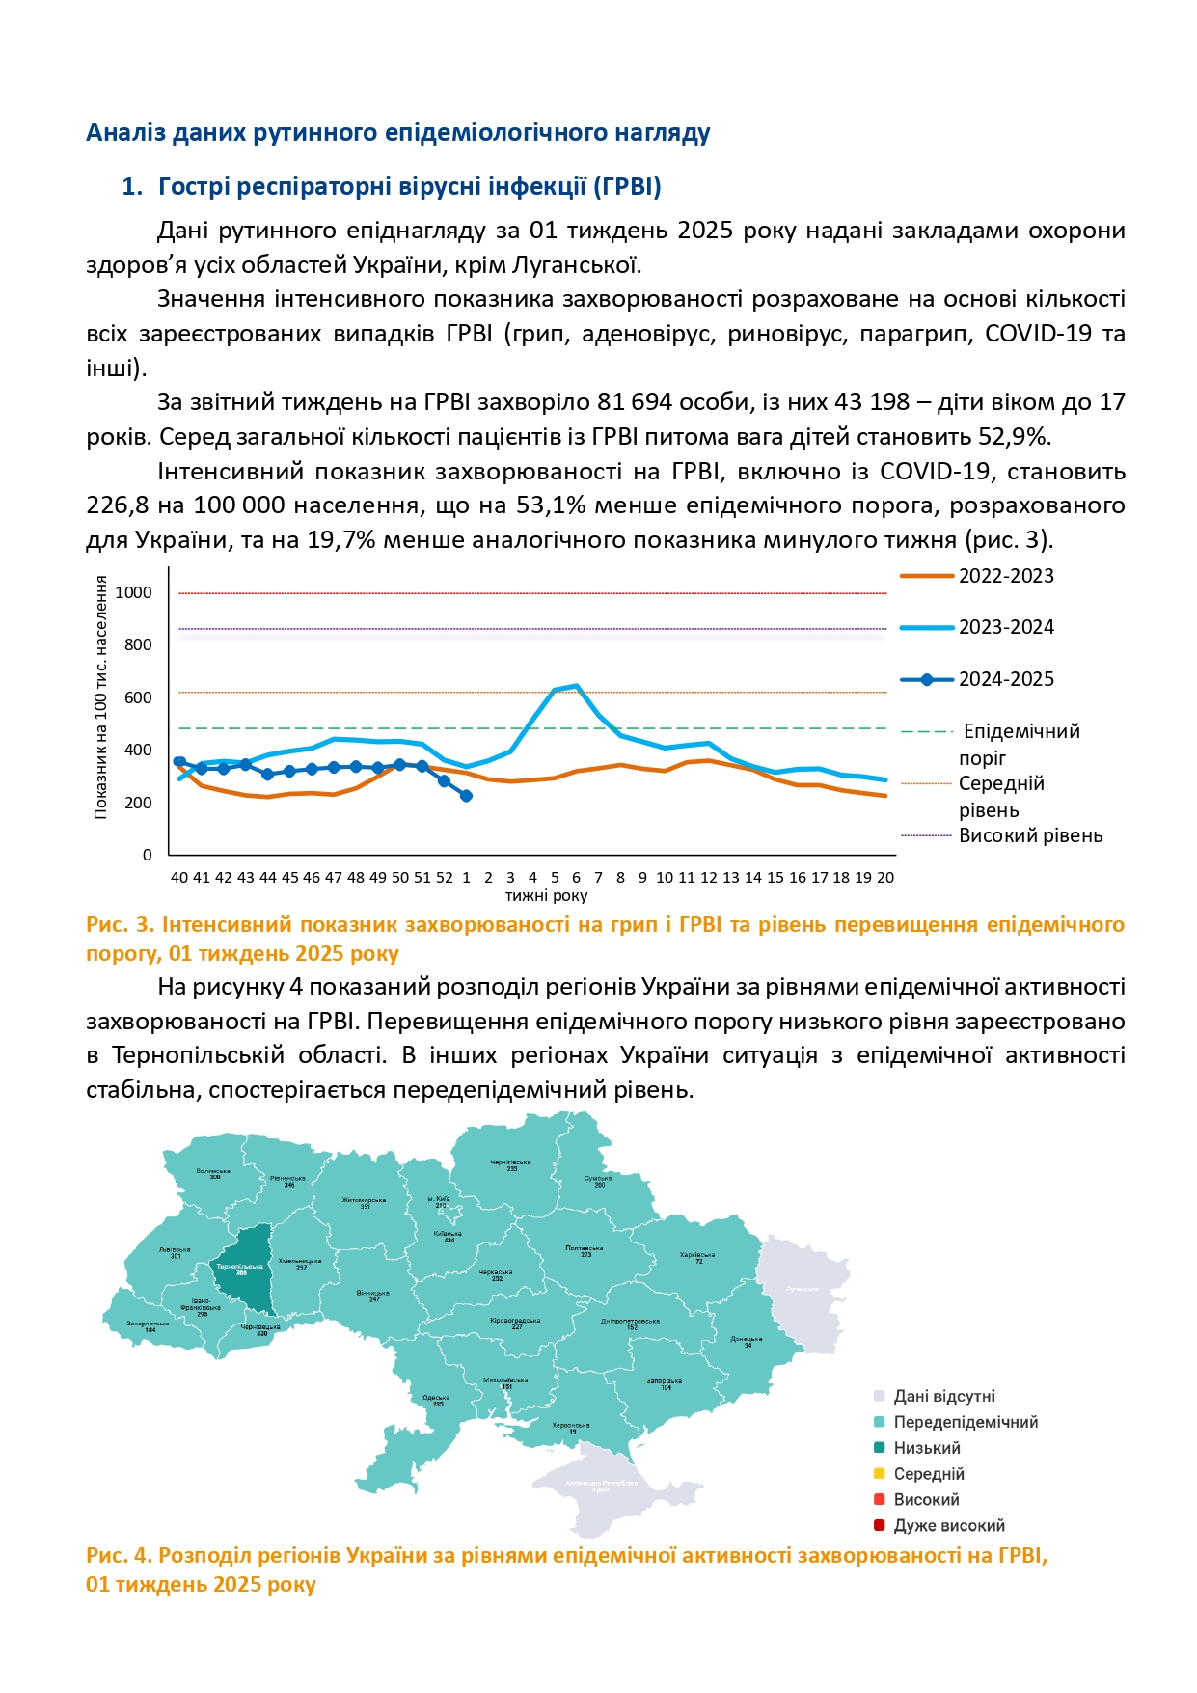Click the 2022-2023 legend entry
pos(1005,576)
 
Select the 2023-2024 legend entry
pos(1005,627)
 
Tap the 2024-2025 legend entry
pos(1005,679)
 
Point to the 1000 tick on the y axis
pos(134,592)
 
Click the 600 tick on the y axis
pos(138,697)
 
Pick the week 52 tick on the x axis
pos(444,877)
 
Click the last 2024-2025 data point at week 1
pos(466,796)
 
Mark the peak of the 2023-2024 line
pos(576,686)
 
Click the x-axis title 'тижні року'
pos(546,895)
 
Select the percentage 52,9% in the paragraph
pos(1013,437)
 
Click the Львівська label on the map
pos(175,1250)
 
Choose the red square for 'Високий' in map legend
pos(879,1499)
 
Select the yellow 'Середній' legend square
pos(879,1473)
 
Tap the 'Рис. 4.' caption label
pos(119,1555)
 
